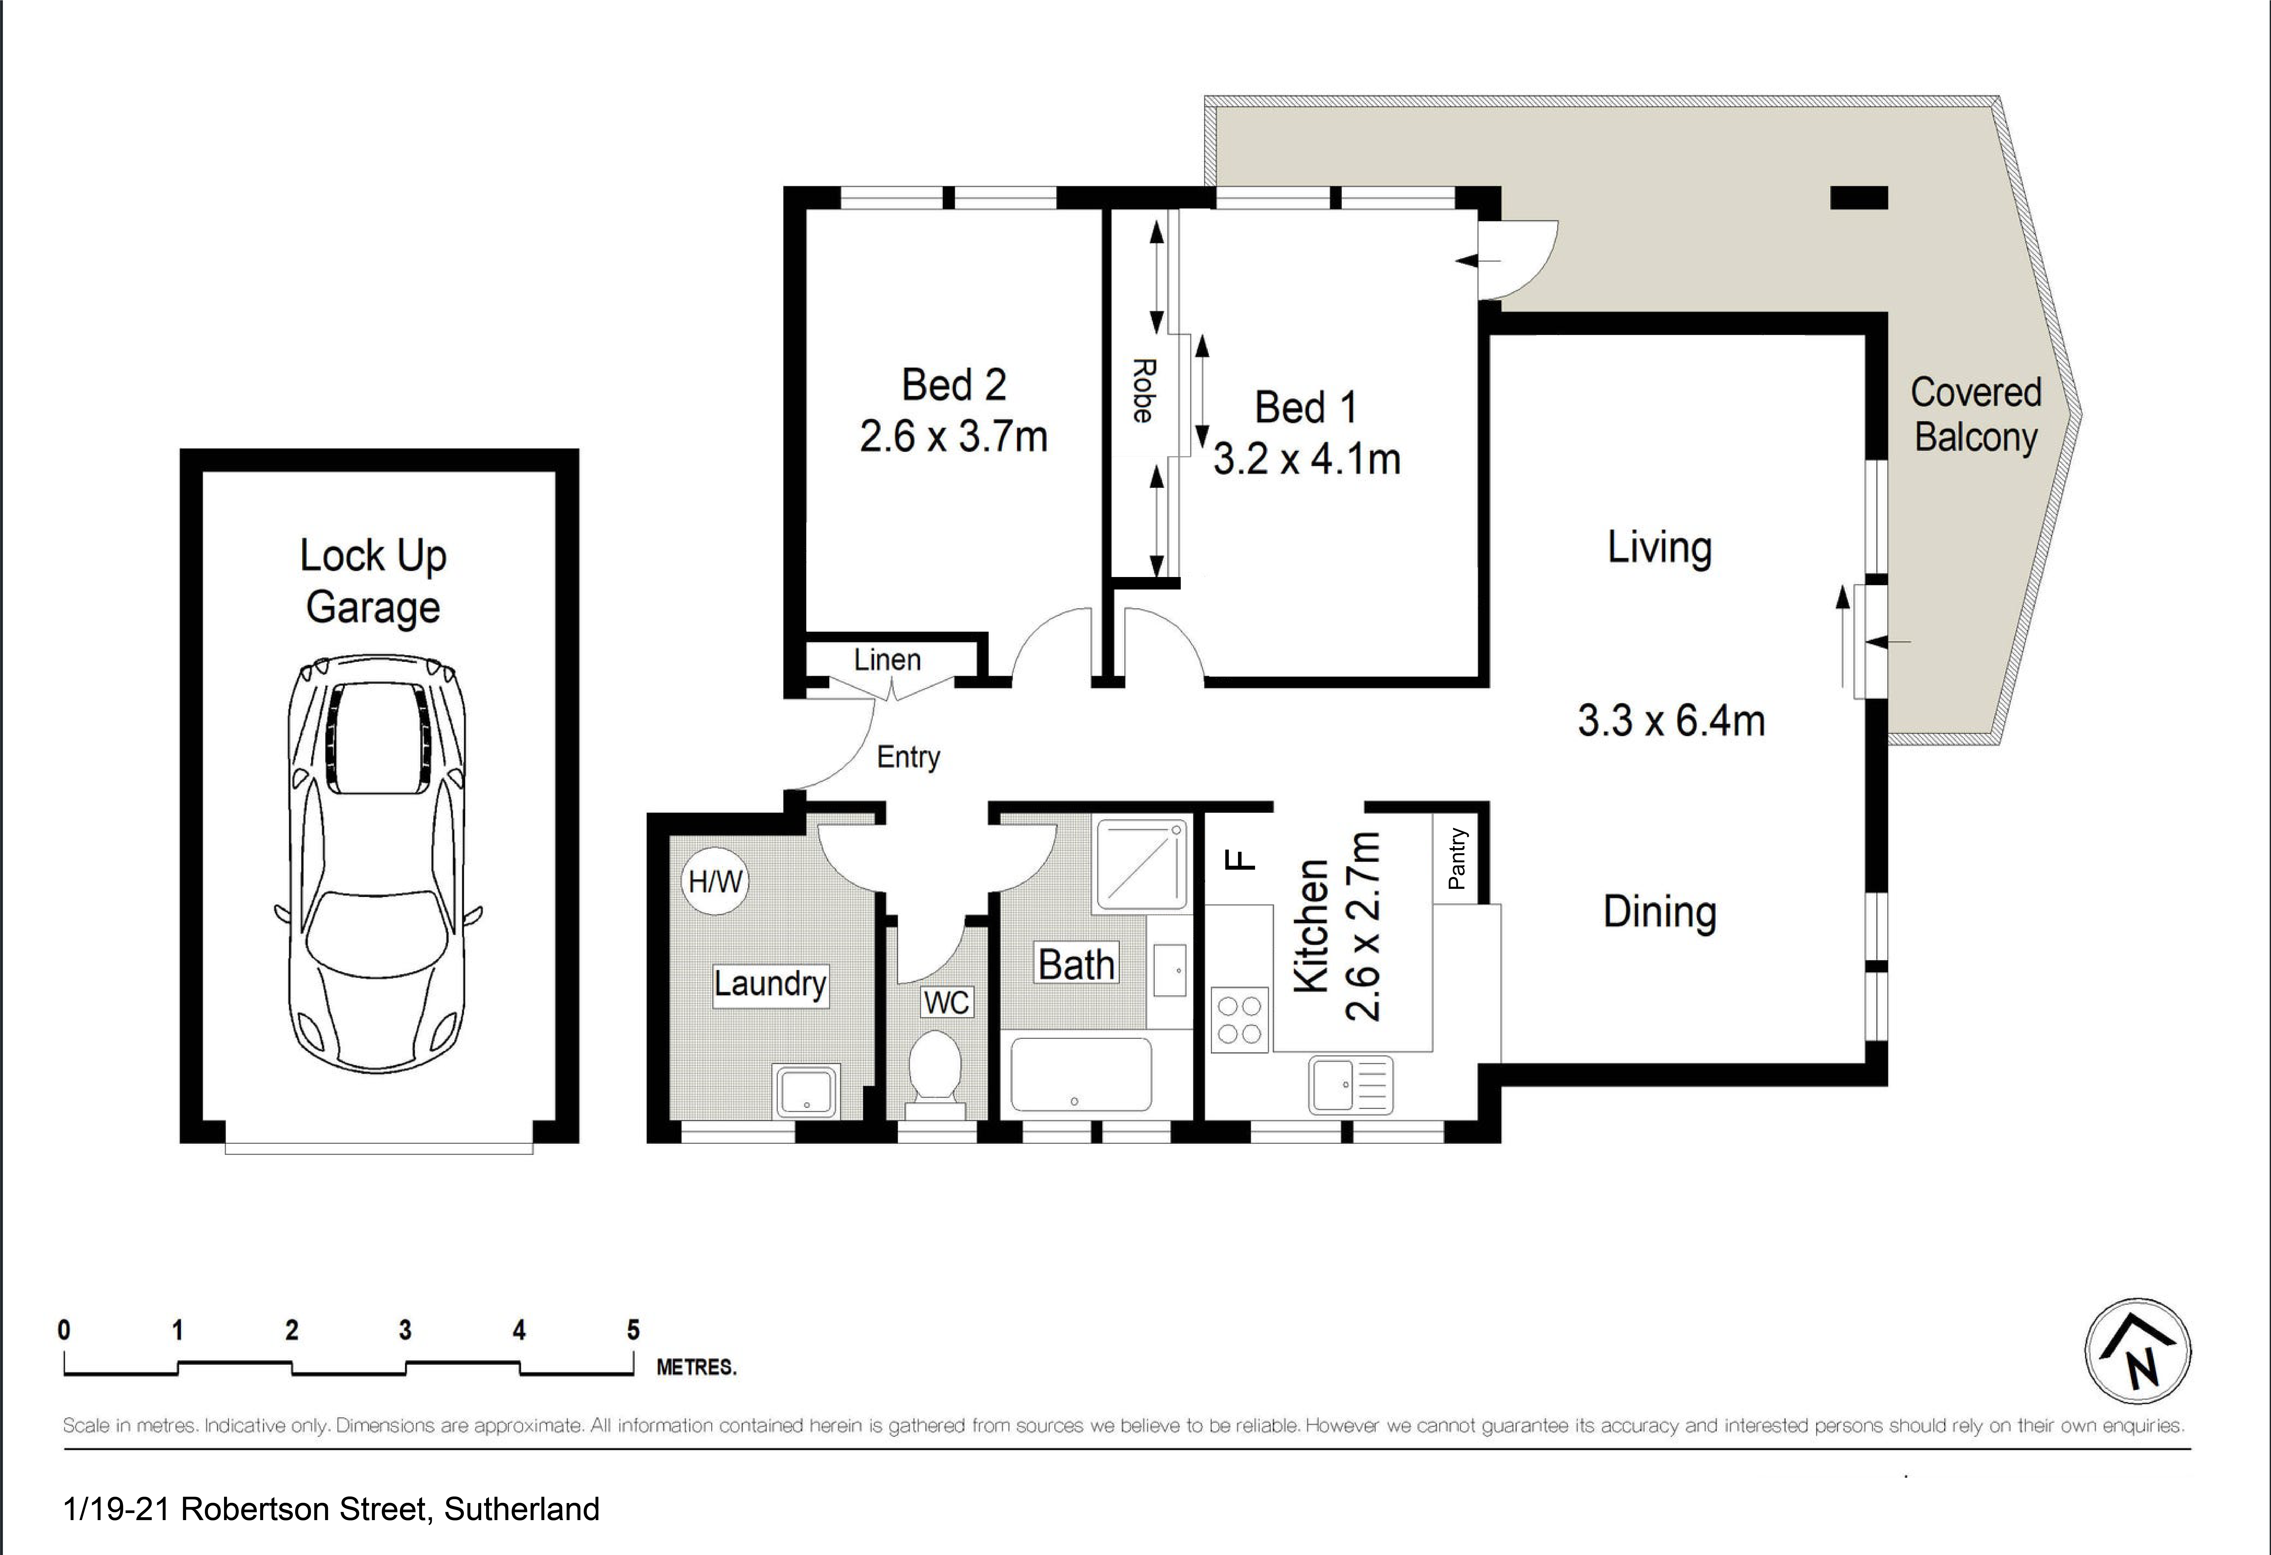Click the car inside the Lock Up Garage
pos(377,864)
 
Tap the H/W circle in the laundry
pos(715,881)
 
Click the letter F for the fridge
pos(1238,860)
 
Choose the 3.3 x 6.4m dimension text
pos(1671,720)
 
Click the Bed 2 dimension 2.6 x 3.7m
pos(954,436)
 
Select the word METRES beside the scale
pos(696,1367)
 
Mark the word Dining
pos(1659,912)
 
